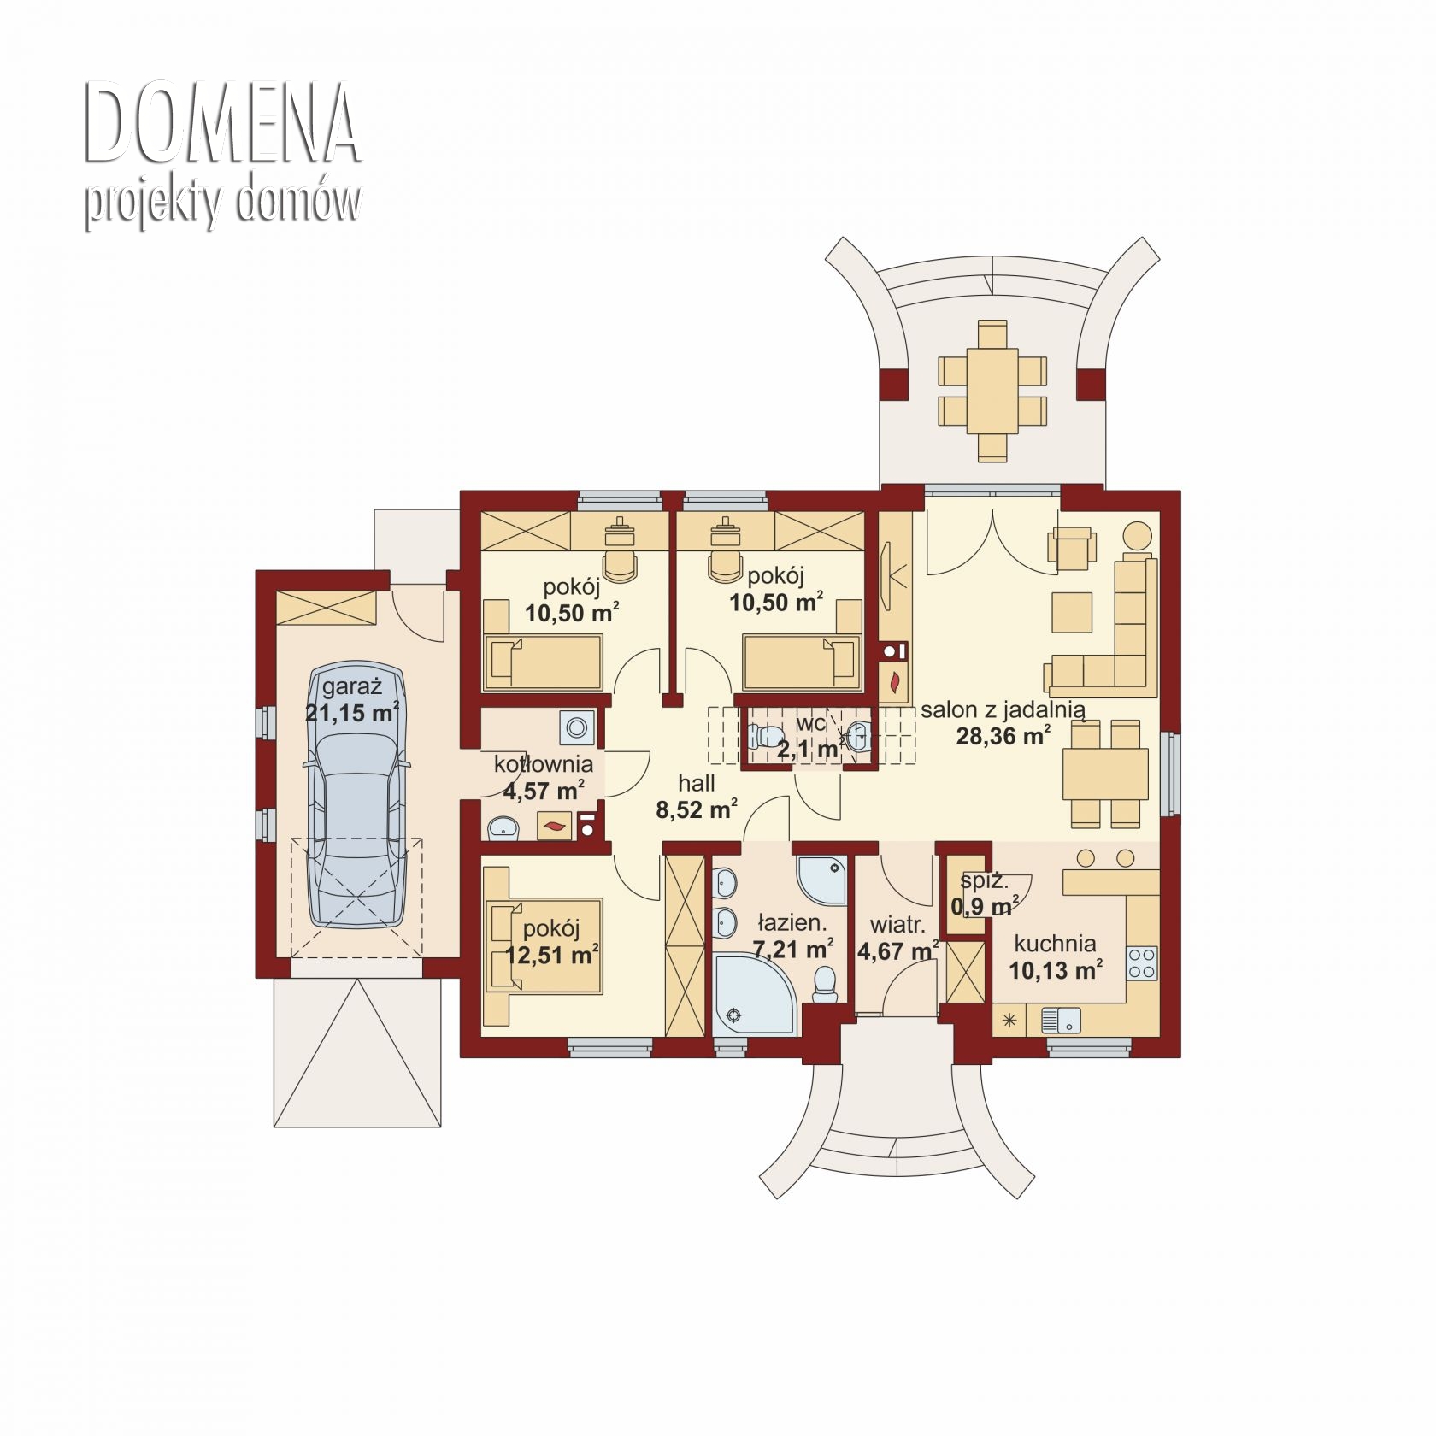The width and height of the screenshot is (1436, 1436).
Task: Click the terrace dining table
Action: (992, 391)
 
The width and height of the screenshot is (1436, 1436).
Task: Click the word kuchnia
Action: (1056, 944)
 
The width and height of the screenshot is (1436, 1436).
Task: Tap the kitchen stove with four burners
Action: (1143, 962)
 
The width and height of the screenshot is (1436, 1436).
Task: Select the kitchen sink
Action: (1061, 1020)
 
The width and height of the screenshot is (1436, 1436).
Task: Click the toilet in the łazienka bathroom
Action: (825, 984)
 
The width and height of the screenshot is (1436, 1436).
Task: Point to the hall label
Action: (697, 784)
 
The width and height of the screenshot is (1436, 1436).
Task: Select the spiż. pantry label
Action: (984, 881)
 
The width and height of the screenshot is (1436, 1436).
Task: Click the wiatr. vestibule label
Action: (897, 925)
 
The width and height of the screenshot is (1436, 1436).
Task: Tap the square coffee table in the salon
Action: (1073, 613)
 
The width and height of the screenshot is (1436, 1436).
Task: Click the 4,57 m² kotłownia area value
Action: (544, 790)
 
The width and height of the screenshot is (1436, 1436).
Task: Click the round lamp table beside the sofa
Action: (1138, 537)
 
